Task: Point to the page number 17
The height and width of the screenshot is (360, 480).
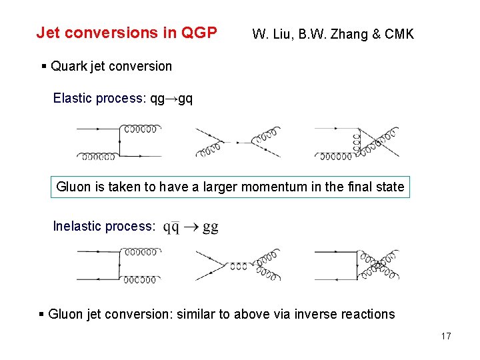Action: click(446, 336)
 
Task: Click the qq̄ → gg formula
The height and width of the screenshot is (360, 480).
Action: click(191, 227)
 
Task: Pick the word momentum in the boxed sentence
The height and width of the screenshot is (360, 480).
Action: click(274, 187)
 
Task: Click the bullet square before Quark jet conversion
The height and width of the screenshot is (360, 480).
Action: click(43, 66)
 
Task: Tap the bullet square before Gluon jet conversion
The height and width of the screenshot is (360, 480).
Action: click(42, 314)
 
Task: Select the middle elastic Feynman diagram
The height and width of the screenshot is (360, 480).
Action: click(238, 141)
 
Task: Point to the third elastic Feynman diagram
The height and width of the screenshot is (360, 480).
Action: click(357, 141)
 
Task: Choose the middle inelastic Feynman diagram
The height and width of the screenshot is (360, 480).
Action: click(238, 265)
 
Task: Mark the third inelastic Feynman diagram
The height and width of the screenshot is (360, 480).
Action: click(357, 265)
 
